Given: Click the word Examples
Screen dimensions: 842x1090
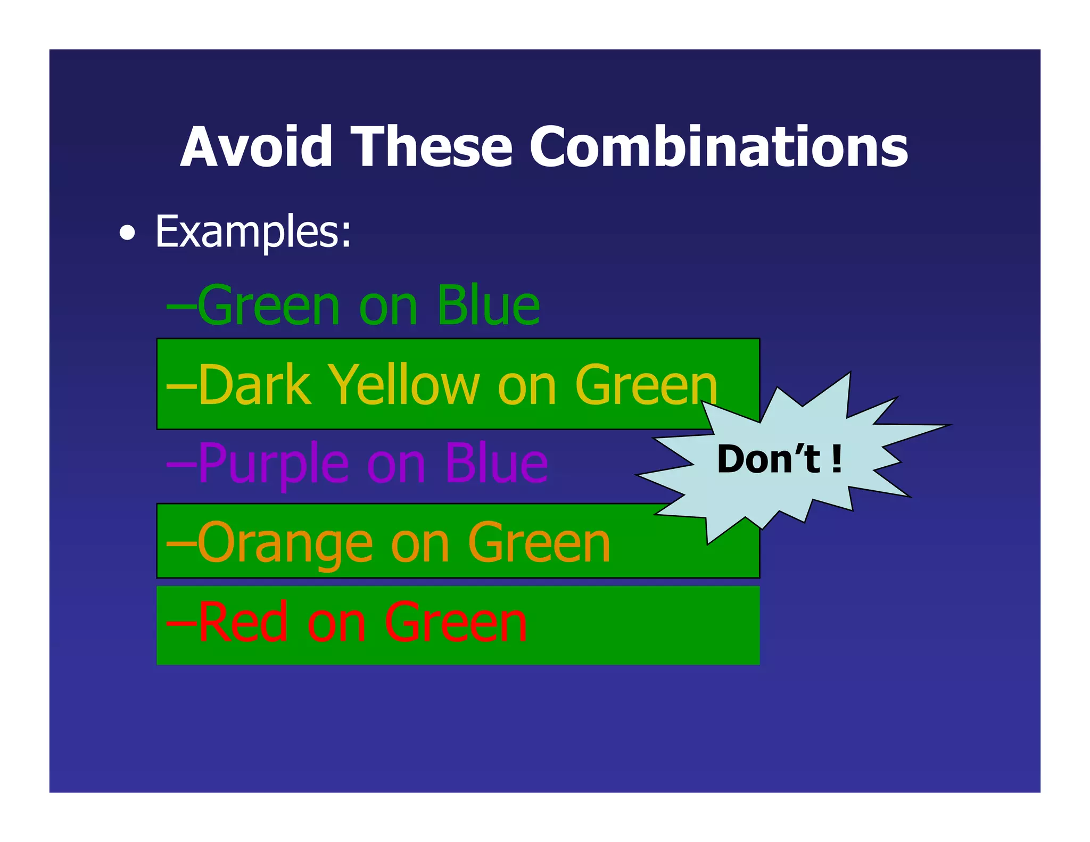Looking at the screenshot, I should (253, 232).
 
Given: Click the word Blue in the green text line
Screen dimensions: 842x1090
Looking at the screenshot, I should (488, 306).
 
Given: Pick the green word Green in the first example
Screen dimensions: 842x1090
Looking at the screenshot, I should (269, 306).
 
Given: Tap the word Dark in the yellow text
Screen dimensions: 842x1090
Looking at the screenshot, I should (254, 385).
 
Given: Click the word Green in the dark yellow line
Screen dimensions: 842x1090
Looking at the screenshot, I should (646, 385).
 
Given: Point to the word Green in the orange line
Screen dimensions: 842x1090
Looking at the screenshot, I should (539, 543).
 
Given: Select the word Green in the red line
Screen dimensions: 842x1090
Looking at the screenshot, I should (455, 622).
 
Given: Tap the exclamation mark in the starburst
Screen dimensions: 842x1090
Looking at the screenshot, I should (837, 459).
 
